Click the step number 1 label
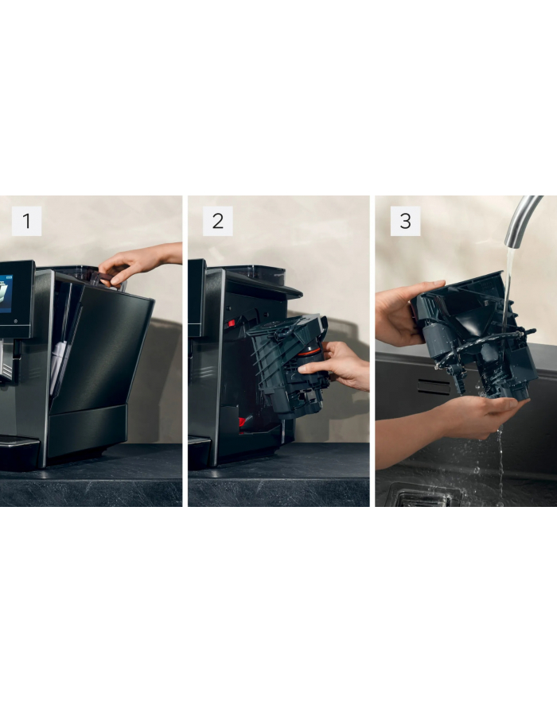pos(26,221)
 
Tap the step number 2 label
pos(217,221)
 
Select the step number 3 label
pos(405,221)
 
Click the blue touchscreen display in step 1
pos(6,293)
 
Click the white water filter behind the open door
pos(58,366)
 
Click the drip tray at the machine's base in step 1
pos(18,451)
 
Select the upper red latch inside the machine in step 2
pos(232,323)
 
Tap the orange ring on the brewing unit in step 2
pos(309,353)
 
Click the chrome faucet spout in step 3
pos(521,221)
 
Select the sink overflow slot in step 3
pos(434,387)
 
